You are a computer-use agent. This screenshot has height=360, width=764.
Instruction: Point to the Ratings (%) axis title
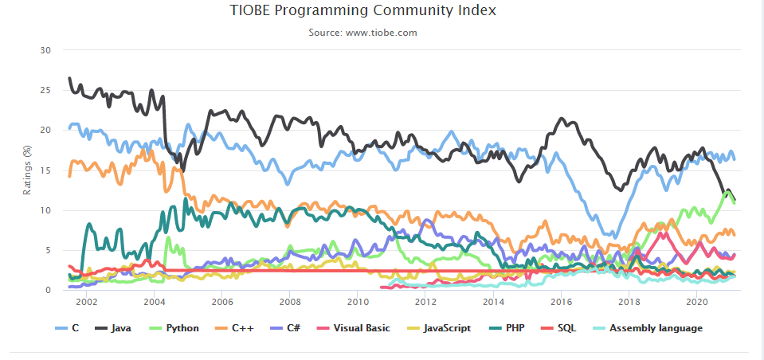tap(27, 171)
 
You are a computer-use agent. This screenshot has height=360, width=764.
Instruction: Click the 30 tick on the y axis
tap(45, 50)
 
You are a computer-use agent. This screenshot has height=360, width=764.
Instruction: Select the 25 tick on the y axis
tap(45, 90)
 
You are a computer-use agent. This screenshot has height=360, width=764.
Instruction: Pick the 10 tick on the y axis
tap(45, 210)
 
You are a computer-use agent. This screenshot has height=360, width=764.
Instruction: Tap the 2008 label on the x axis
tap(290, 303)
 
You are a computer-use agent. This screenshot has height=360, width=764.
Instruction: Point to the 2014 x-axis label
tap(494, 303)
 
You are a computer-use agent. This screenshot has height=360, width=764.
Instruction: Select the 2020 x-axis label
tap(697, 303)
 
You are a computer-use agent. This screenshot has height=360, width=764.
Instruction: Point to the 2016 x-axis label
tap(562, 303)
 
